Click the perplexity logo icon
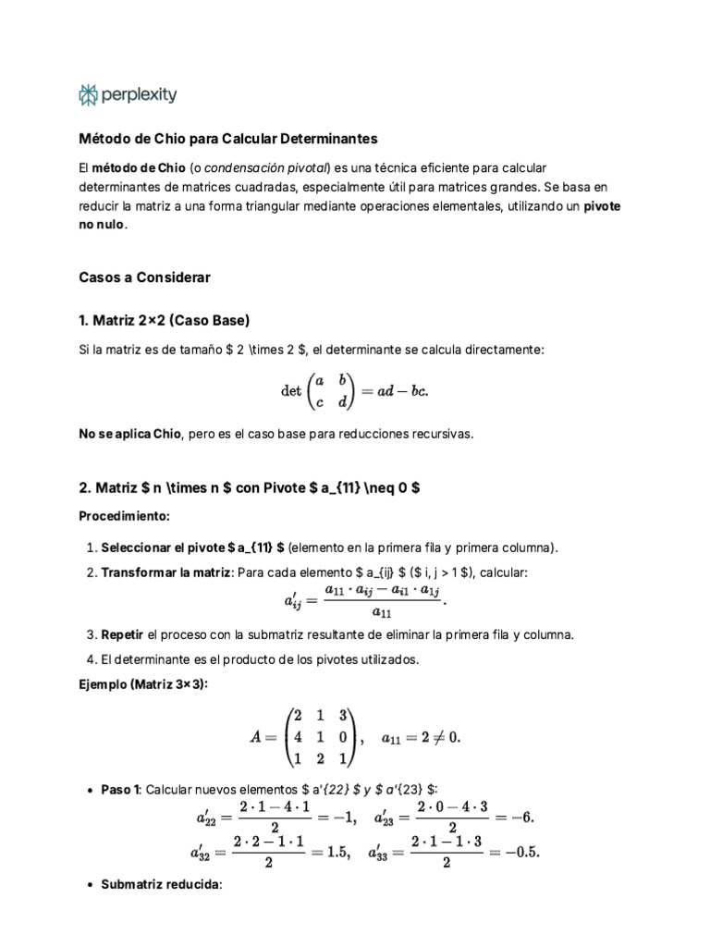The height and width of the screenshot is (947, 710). coord(88,94)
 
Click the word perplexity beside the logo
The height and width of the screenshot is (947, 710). coord(139,94)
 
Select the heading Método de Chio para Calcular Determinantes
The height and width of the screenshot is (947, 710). coord(228,138)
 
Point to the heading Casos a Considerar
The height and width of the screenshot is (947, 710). coord(145,277)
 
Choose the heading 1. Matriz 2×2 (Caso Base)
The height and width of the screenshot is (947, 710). coord(165,320)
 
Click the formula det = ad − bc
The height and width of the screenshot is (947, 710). coord(355,391)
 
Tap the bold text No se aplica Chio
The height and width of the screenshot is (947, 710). coord(130,434)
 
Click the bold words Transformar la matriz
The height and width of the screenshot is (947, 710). coord(166,572)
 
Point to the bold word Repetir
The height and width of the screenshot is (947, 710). coord(122,634)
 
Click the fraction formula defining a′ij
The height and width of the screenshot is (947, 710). coord(365,601)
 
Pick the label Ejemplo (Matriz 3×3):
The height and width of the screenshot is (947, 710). coord(143,683)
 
